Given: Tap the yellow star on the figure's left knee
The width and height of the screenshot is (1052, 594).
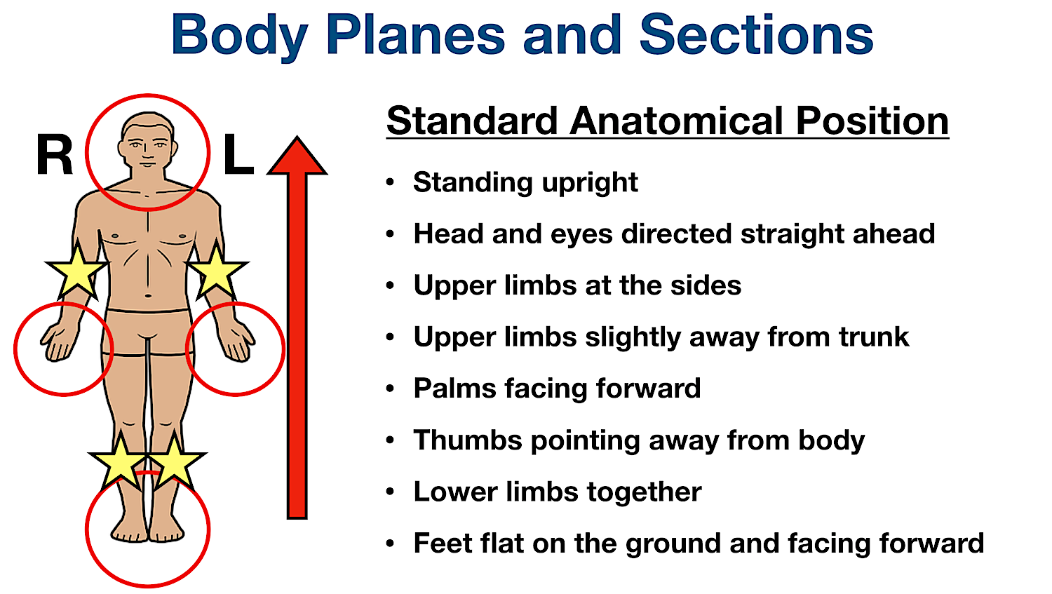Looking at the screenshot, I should click(x=175, y=461).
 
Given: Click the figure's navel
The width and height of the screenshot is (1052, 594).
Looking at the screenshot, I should click(x=147, y=295).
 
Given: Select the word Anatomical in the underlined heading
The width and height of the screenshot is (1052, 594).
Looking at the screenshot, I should click(x=677, y=121).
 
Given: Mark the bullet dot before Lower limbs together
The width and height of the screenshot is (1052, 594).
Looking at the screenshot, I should click(x=391, y=492).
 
